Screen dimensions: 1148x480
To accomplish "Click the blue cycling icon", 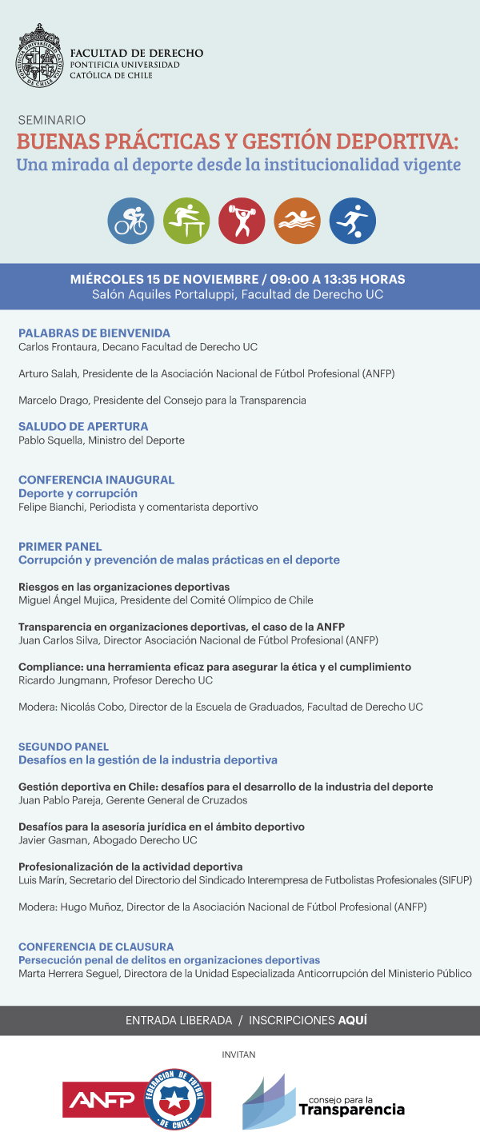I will (x=131, y=221).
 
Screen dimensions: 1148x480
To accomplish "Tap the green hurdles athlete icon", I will (x=186, y=221).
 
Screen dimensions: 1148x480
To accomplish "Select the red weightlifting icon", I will (x=242, y=221).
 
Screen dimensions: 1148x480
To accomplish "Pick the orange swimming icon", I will (x=297, y=221).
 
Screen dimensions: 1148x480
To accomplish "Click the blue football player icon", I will (x=352, y=221).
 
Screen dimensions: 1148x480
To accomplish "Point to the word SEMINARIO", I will (x=52, y=120).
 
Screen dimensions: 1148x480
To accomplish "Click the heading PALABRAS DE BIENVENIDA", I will (x=94, y=333).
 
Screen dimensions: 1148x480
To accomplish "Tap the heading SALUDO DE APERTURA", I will (x=83, y=427).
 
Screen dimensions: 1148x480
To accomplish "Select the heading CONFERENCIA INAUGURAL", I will (x=96, y=480).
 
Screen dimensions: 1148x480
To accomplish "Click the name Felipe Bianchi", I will (x=50, y=507).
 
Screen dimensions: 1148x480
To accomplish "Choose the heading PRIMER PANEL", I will (x=60, y=547).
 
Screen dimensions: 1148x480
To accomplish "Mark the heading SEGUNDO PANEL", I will (x=63, y=747).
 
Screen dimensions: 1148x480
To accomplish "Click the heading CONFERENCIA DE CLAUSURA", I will (x=96, y=947).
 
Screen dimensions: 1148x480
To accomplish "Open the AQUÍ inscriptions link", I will (x=353, y=1021).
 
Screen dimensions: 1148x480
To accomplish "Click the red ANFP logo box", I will (x=102, y=1101).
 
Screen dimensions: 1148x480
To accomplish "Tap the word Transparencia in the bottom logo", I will (x=351, y=1110).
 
